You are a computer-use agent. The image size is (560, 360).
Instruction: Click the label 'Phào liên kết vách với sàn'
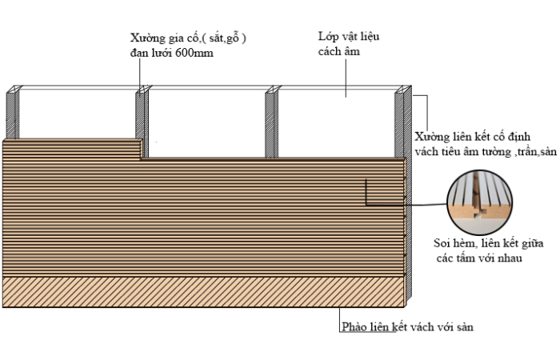click(x=412, y=327)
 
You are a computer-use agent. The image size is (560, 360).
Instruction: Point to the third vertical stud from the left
click(x=271, y=120)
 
